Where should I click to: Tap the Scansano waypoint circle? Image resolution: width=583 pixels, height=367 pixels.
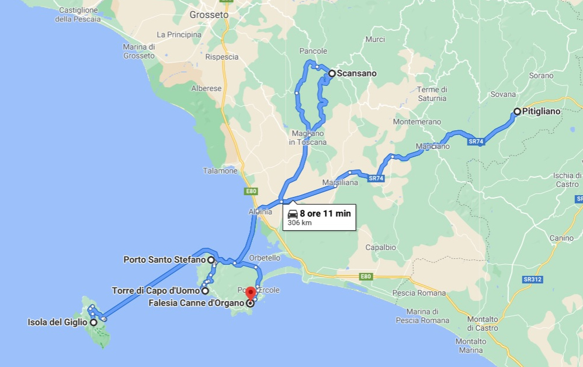click(x=332, y=74)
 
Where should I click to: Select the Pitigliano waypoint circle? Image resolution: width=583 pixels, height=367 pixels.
click(x=517, y=111)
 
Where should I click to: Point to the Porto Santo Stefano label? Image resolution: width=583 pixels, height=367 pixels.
click(x=164, y=259)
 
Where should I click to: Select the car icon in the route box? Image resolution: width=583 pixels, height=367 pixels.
click(x=293, y=214)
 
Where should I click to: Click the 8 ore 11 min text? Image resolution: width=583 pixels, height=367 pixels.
click(x=325, y=213)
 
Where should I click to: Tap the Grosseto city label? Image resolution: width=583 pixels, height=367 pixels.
click(x=209, y=15)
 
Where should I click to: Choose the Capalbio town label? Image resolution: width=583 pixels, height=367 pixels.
click(x=381, y=247)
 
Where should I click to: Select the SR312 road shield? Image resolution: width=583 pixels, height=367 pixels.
click(x=533, y=279)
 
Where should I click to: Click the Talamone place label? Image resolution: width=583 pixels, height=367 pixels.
click(x=221, y=171)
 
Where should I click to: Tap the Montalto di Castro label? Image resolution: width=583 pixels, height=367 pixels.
click(x=483, y=323)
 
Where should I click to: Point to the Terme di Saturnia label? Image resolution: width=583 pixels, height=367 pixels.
click(x=432, y=94)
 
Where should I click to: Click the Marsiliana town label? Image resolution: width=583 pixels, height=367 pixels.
click(x=339, y=183)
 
